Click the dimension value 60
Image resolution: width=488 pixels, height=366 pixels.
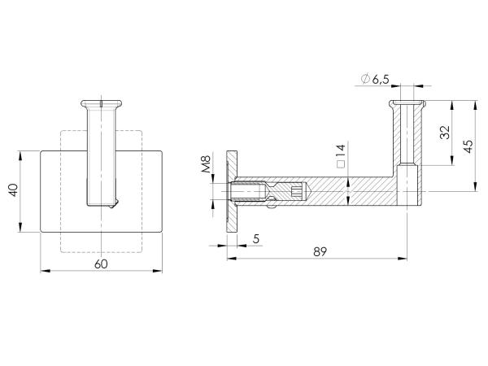100,263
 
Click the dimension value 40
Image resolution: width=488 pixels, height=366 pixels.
12,190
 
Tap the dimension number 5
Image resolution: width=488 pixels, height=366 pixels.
256,238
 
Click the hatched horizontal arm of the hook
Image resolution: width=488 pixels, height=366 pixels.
350,191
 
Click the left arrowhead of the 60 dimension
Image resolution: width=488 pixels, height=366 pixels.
42,272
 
